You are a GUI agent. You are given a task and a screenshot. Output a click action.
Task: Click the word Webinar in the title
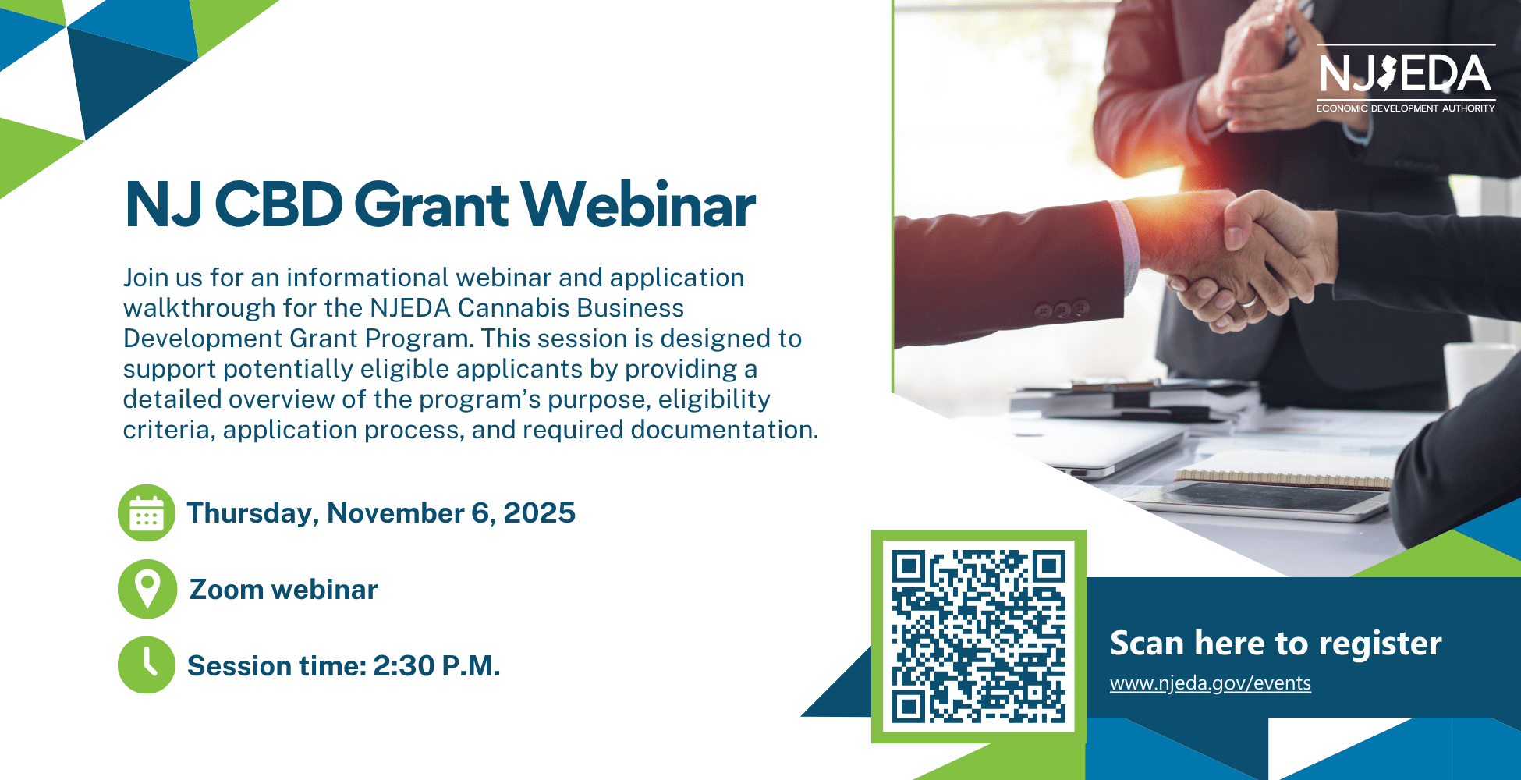638,204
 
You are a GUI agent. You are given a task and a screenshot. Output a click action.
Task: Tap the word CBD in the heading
278,204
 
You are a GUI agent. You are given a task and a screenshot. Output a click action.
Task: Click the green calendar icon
146,513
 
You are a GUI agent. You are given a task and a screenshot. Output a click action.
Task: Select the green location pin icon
147,589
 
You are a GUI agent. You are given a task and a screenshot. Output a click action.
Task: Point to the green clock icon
146,665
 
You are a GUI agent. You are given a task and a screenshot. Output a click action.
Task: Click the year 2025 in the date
539,513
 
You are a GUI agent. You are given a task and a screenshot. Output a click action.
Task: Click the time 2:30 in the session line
403,666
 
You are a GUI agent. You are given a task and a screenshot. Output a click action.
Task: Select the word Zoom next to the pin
225,590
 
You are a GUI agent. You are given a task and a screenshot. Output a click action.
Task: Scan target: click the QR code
979,636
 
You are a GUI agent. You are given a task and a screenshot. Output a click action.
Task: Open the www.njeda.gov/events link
1210,683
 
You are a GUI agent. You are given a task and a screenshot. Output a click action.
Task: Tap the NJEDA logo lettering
1405,74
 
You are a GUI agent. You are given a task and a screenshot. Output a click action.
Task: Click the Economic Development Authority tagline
1406,108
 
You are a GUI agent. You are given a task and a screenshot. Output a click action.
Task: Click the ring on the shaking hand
1250,301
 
